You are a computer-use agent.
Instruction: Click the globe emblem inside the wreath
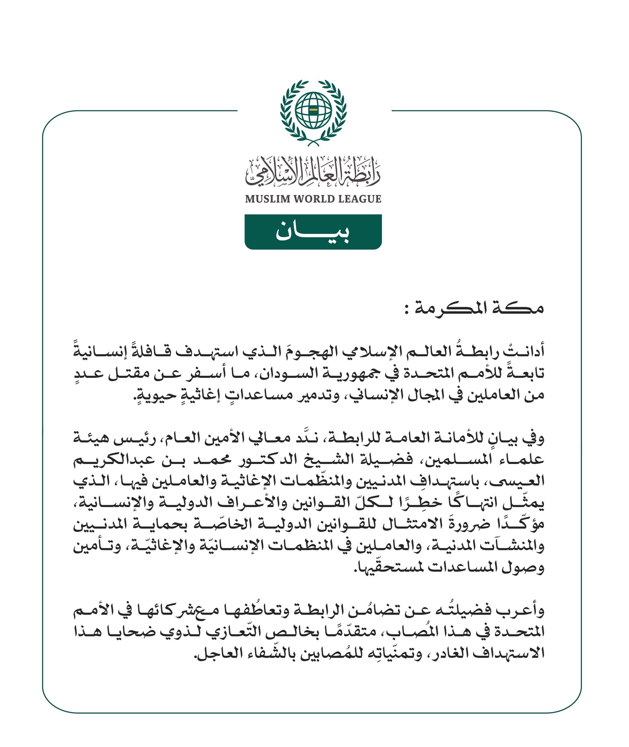coord(313,110)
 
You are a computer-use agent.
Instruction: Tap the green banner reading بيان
coord(313,232)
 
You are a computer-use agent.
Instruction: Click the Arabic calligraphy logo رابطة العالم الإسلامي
coord(313,171)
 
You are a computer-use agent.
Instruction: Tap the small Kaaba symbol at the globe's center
coord(313,109)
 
